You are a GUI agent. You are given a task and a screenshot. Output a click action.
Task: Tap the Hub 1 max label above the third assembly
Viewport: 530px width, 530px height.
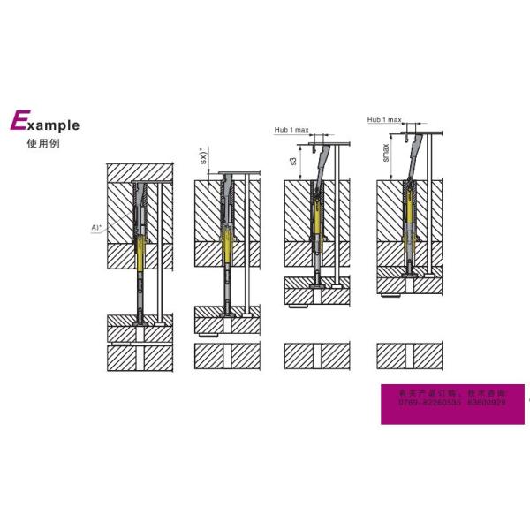291,130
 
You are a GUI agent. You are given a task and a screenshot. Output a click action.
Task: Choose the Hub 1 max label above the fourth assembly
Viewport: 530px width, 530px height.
383,118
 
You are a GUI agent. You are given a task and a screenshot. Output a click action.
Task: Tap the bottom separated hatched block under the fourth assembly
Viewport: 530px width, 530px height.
408,355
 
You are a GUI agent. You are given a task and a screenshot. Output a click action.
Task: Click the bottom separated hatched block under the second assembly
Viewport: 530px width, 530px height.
227,355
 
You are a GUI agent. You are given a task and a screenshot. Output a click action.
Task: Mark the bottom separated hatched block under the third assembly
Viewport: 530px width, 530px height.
317,355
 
